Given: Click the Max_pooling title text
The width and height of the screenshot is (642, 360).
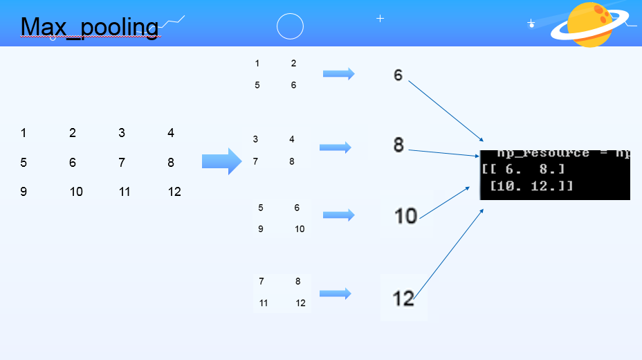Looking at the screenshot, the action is pos(89,27).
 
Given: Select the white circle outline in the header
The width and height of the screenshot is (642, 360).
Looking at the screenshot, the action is pos(291,27).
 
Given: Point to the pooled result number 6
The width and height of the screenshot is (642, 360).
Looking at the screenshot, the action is pos(398,75).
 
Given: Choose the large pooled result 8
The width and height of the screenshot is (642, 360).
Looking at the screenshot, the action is pos(398,145).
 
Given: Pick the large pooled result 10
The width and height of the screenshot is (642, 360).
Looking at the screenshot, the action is pos(405,216).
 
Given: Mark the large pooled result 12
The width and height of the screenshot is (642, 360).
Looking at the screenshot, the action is pos(403,298).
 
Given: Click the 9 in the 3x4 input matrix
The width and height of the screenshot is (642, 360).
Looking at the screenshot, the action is pos(24,192).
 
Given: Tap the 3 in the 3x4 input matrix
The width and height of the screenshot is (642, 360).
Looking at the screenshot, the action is pos(122,133).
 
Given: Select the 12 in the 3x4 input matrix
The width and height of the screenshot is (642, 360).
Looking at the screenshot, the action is pos(174,192).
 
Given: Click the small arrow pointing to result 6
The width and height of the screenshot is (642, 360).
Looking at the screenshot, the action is pos(338,73).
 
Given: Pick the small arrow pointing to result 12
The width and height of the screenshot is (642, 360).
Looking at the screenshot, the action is pos(336,294).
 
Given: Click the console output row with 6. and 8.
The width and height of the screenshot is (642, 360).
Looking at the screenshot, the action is pos(523,169).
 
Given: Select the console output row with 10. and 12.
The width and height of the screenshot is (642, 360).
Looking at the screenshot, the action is pos(531,186).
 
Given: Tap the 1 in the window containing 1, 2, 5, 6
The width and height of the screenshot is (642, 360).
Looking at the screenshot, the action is pos(257,63).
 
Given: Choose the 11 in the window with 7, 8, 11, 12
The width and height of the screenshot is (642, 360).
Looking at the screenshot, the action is pos(264,303).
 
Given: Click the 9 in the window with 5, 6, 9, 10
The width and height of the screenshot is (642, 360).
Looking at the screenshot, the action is pos(261,228).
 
